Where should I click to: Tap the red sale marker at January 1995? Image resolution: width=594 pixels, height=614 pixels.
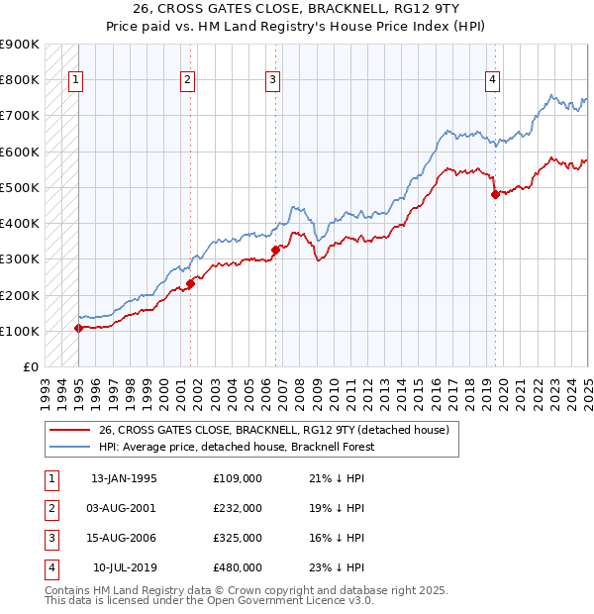point(77,328)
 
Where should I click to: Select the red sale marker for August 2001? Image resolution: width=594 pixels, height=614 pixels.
point(190,283)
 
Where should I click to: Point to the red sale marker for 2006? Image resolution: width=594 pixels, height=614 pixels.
point(276,250)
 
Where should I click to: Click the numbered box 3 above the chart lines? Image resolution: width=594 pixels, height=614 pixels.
point(273,81)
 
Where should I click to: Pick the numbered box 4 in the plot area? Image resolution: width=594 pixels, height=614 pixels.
point(492,81)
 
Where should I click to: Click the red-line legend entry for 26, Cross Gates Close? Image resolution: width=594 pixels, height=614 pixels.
point(274,430)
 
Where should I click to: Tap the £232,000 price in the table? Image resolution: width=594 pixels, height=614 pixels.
point(237,508)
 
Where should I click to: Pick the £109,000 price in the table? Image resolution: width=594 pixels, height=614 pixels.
point(237,478)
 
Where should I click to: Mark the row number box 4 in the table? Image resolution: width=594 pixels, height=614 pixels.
point(49,567)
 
